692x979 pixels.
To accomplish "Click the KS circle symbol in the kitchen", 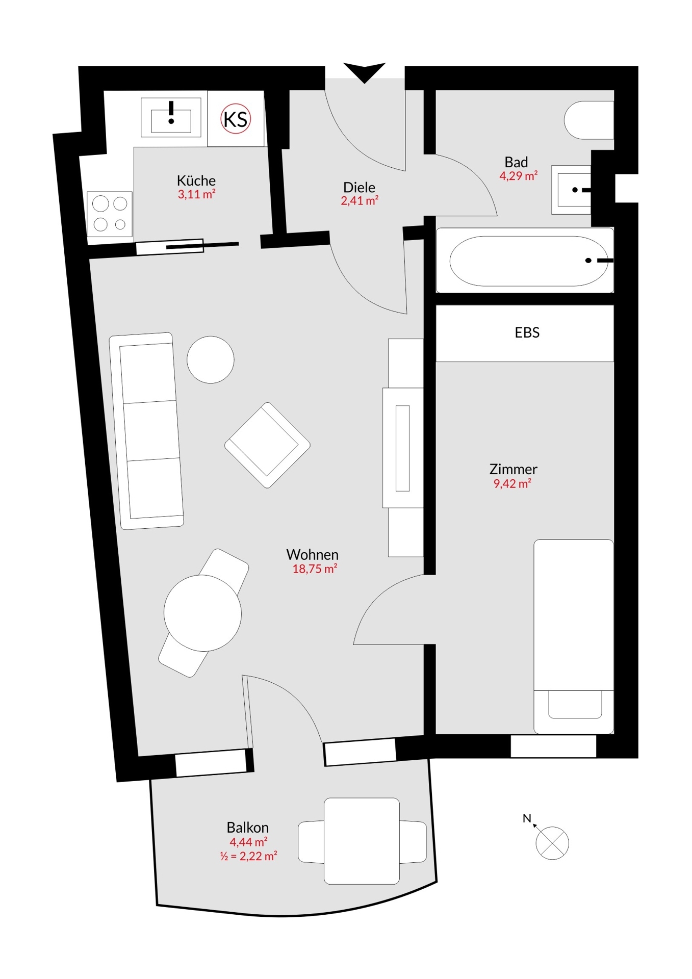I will pyautogui.click(x=236, y=119).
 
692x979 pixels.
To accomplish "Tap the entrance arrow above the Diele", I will pyautogui.click(x=364, y=72).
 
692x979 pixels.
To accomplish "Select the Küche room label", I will pyautogui.click(x=196, y=181).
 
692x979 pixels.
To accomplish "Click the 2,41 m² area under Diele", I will pyautogui.click(x=360, y=201).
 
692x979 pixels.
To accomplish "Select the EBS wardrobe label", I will pyautogui.click(x=527, y=333).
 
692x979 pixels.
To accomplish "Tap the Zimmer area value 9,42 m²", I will pyautogui.click(x=512, y=484).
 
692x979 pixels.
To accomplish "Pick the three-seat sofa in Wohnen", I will pyautogui.click(x=147, y=431).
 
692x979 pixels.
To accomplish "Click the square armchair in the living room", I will pyautogui.click(x=267, y=445).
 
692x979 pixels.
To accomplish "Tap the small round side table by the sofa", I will pyautogui.click(x=210, y=359).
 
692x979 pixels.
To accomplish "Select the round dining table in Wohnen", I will pyautogui.click(x=202, y=613).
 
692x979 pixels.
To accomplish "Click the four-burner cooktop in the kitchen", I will pyautogui.click(x=110, y=214).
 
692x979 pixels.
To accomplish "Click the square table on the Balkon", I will pyautogui.click(x=362, y=841).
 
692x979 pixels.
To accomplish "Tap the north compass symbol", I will pyautogui.click(x=552, y=843).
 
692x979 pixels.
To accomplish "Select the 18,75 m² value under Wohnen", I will pyautogui.click(x=314, y=569).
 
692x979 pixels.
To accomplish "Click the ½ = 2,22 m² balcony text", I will pyautogui.click(x=248, y=856).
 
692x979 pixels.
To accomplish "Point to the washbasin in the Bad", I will pyautogui.click(x=572, y=190).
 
